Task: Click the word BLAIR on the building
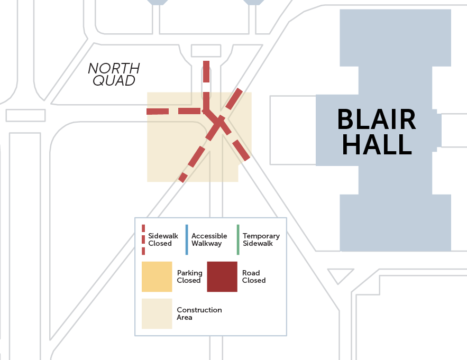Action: coord(377,120)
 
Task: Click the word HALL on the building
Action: coord(377,144)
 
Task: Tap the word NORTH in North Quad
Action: coord(114,69)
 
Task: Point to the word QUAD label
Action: coord(114,81)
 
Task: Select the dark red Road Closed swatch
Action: coord(222,276)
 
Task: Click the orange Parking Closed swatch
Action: coord(157,276)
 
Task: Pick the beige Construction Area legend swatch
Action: coord(157,313)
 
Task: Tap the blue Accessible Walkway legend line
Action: coord(187,239)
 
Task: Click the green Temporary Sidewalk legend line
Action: coord(238,239)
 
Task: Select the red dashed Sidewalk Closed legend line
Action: coord(143,239)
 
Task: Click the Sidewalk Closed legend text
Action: coord(163,240)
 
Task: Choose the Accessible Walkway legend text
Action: coord(209,240)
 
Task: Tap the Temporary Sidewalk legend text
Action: coord(261,240)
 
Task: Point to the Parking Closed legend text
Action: coord(189,277)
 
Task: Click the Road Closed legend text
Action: coord(254,277)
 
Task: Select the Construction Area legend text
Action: coord(199,313)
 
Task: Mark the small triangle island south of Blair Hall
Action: coord(340,275)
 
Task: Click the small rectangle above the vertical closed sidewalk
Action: coord(206,51)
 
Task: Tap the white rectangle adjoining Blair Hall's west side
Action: coord(292,130)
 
